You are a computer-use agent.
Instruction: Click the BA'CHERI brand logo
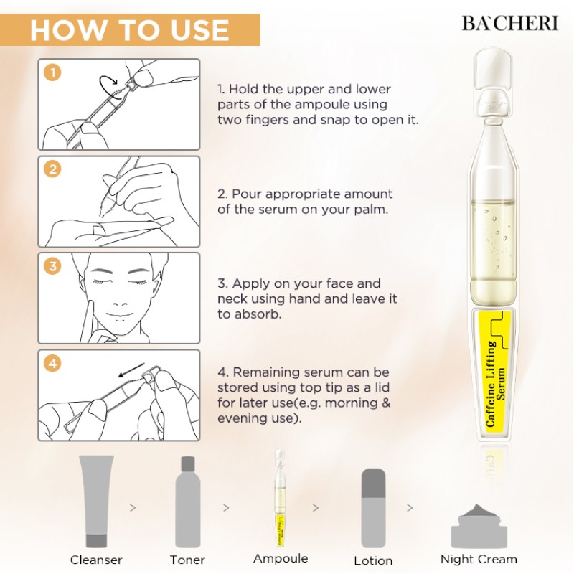point(509,22)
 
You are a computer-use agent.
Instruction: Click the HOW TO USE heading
point(130,31)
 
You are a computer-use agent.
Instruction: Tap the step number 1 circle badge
point(52,72)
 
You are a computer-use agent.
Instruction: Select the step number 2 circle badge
point(52,170)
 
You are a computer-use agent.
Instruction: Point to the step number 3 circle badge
point(52,267)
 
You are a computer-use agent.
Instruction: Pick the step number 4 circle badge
point(52,364)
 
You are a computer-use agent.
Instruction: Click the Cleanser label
point(96,560)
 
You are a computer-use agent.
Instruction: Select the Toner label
point(187,560)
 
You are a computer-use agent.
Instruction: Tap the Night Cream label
point(479,559)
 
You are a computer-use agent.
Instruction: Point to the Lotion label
point(373,560)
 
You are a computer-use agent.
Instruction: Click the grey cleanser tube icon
point(97,501)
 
